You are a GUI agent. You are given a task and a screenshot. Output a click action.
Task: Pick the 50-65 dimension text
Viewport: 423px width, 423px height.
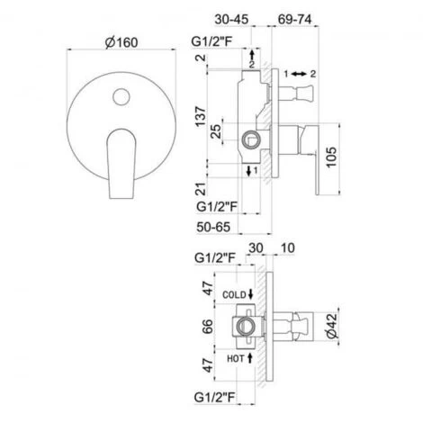pos(215,226)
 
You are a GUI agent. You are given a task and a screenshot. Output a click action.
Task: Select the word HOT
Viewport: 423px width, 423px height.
pos(232,358)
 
